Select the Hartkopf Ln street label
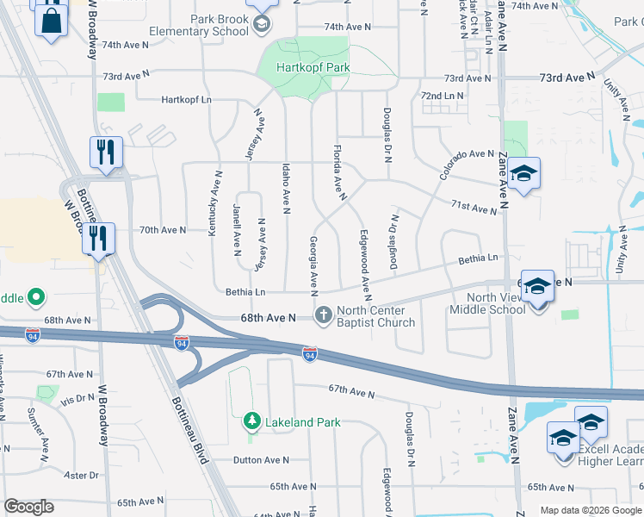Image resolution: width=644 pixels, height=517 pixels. point(186,100)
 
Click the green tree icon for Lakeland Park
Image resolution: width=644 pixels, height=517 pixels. point(252,421)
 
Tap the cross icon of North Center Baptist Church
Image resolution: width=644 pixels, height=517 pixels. point(324,316)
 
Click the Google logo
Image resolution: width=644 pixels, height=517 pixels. point(28,507)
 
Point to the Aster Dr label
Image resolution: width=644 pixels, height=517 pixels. point(82,475)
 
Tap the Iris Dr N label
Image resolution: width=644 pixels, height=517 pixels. point(77,399)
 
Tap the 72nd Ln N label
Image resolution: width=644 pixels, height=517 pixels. point(443,96)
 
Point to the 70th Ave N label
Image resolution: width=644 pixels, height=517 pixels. point(163,230)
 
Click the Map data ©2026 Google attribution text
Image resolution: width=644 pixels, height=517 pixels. point(590,510)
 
